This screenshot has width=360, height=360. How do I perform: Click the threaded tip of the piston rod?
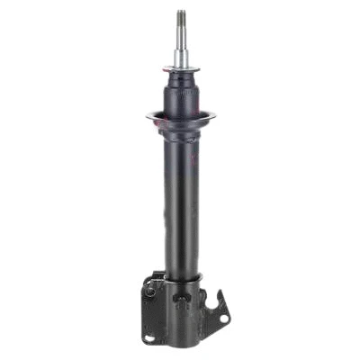(x=181, y=18)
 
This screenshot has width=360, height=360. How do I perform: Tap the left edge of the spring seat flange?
(x=148, y=114)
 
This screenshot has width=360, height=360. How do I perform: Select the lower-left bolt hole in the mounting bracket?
(x=149, y=338)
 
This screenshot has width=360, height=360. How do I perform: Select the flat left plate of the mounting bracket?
(x=152, y=310)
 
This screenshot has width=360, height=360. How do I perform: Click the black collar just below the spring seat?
(x=181, y=133)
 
